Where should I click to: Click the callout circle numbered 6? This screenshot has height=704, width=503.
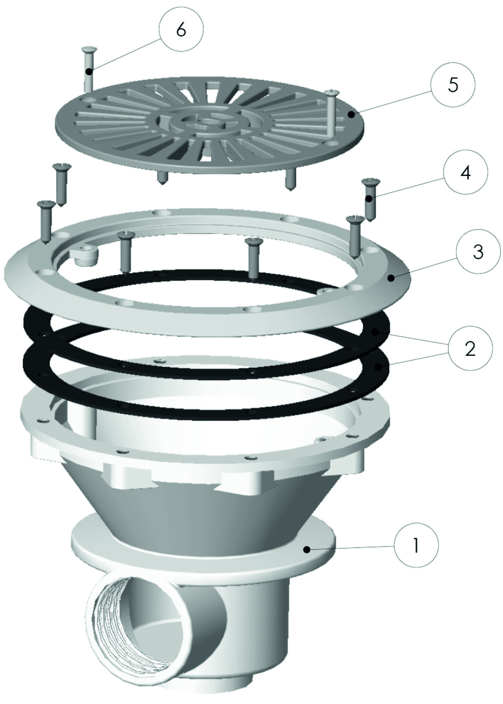(x=181, y=30)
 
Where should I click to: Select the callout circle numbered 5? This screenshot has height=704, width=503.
(x=453, y=85)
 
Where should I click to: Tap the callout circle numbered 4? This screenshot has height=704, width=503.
(x=465, y=173)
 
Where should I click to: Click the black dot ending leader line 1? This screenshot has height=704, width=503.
(x=308, y=550)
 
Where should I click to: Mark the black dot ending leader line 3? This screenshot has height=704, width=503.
(x=392, y=278)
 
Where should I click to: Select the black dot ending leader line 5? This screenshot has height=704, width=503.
(x=351, y=114)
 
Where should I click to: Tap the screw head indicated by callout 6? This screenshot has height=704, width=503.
(x=88, y=49)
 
